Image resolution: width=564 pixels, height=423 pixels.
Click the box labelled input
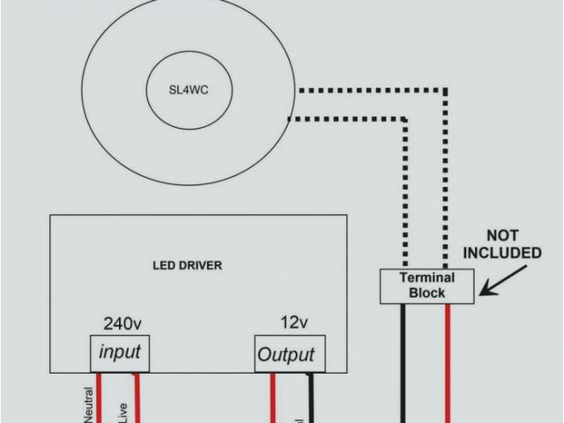coord(119,353)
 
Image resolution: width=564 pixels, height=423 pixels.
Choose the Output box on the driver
coord(286,355)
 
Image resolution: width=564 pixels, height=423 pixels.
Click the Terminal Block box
coord(427,286)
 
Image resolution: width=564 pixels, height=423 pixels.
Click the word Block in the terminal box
coord(427,293)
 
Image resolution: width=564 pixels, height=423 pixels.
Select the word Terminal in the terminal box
coord(427,278)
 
